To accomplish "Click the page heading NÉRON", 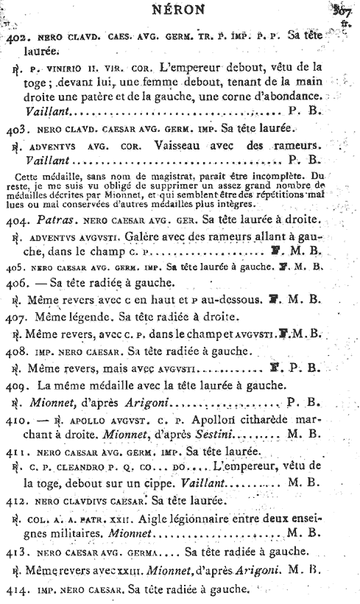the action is click(180, 10).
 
